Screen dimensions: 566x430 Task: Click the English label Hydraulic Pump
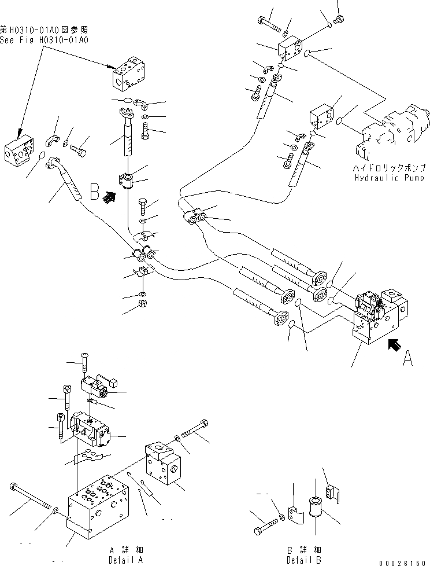pyautogui.click(x=392, y=178)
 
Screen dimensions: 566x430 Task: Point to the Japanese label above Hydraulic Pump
pyautogui.click(x=392, y=167)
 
